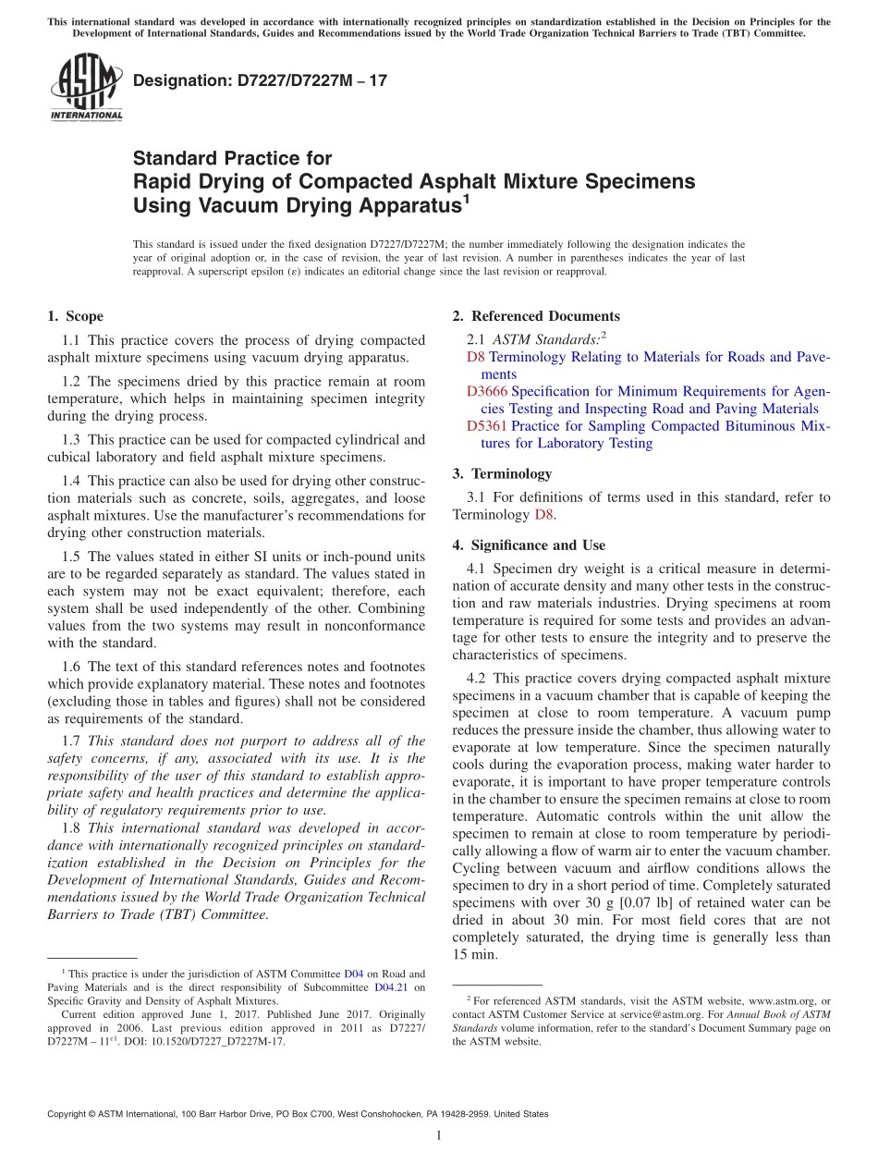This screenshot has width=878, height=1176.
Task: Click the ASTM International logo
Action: [86, 88]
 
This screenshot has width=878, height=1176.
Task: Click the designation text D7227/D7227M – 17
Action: [260, 80]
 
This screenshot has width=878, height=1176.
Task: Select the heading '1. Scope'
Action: [75, 316]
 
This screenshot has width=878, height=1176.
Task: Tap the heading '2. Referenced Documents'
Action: [536, 316]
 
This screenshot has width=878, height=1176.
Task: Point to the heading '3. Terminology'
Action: [502, 473]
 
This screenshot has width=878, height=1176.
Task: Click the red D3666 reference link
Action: [486, 391]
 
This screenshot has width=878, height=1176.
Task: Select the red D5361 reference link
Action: [486, 426]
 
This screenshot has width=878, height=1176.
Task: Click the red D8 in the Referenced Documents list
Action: [475, 357]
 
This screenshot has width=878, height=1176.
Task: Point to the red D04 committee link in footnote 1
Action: [353, 974]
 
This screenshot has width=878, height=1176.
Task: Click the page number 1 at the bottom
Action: [439, 1135]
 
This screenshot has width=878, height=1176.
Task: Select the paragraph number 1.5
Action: [72, 557]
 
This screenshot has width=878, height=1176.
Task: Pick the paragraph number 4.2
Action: [478, 679]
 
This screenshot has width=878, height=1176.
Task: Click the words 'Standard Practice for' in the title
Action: [232, 158]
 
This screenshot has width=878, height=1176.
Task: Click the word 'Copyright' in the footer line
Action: [70, 1114]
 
